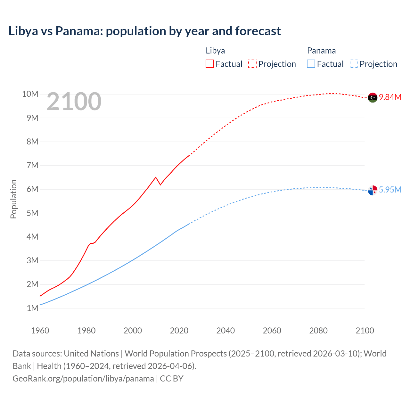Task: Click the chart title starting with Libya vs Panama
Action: click(144, 31)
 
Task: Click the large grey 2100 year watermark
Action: click(74, 102)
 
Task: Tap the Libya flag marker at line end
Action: click(373, 97)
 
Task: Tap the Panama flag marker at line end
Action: click(373, 190)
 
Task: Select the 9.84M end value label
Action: click(390, 97)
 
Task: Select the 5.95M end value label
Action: click(390, 190)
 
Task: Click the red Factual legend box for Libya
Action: click(210, 64)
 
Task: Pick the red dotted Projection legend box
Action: click(252, 64)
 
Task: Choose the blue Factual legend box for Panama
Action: click(311, 64)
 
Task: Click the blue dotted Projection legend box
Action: click(354, 64)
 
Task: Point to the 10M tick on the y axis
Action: click(30, 94)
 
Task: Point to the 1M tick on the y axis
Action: click(32, 308)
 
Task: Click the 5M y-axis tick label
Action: click(32, 213)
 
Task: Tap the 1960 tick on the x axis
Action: click(40, 331)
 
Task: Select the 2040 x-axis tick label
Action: click(225, 331)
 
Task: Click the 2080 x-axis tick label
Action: click(318, 331)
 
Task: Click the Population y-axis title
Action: click(13, 199)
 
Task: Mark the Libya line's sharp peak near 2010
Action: click(156, 177)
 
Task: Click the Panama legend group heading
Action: click(321, 51)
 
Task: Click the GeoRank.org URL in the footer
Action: click(83, 379)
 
